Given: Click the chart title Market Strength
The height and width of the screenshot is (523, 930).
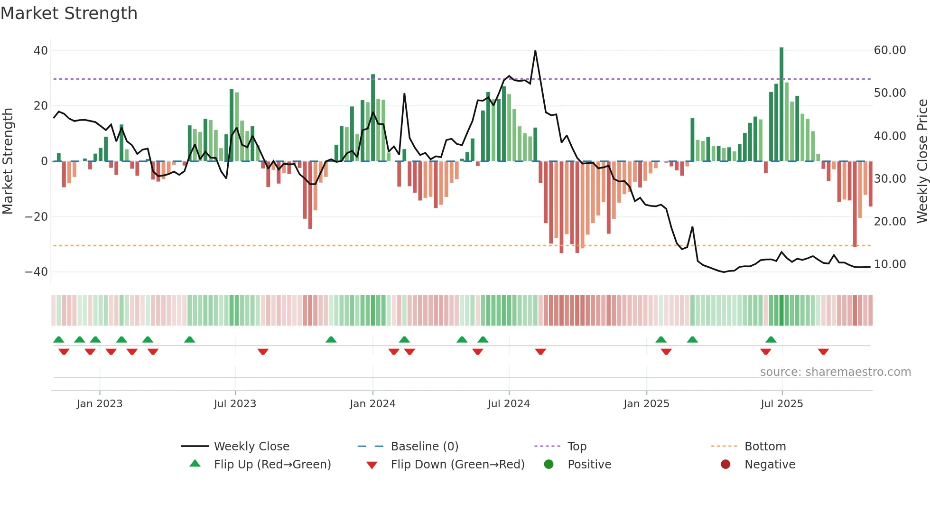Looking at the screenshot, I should tap(69, 13).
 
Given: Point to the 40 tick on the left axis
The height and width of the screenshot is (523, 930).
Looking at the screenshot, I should tap(41, 50).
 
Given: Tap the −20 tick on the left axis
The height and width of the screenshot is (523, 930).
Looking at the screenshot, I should tap(37, 217).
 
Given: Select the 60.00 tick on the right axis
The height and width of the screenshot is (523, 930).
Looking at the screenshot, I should tap(890, 50).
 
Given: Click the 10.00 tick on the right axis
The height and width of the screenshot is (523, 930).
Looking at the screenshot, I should tap(890, 264).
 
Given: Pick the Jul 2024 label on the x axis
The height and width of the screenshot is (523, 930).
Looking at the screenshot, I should tap(509, 404).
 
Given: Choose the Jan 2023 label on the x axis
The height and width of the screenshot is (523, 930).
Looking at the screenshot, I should tap(100, 404).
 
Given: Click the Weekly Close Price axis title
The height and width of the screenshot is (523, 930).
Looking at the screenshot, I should tap(922, 161).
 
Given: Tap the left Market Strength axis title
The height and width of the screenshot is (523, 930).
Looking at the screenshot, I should tap(8, 161).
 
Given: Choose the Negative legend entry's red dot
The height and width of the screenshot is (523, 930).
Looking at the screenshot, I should tap(725, 465).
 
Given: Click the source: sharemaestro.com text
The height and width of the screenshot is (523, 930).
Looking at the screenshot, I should tap(835, 372).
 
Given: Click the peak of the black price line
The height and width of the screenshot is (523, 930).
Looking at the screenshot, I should tap(535, 51).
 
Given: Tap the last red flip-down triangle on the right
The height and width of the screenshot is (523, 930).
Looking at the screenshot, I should tap(823, 352).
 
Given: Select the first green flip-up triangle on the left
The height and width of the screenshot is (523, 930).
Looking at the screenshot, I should tap(59, 340).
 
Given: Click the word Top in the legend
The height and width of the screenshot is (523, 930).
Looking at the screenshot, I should tap(577, 447).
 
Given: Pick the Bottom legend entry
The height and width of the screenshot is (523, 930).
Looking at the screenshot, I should tap(765, 447).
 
